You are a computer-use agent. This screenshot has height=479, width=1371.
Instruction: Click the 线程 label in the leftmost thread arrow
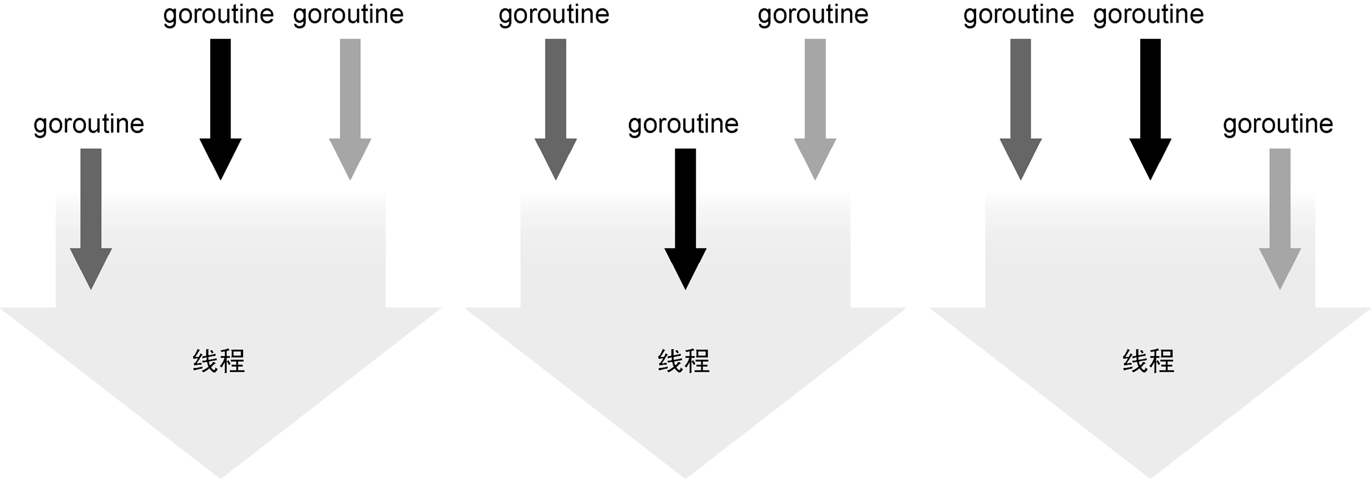[219, 361]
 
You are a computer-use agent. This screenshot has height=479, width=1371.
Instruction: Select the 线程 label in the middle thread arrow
[684, 361]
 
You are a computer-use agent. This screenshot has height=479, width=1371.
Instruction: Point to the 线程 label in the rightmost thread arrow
[1149, 361]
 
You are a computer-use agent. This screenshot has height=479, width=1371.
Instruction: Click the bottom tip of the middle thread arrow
[685, 475]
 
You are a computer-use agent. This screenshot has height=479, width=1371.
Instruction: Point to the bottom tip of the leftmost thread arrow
[221, 475]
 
